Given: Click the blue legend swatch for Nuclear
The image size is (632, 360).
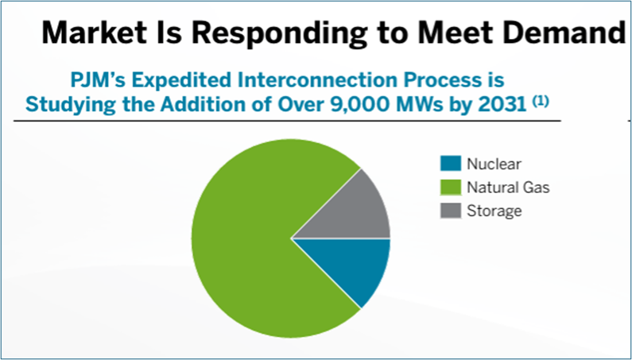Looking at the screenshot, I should pyautogui.click(x=450, y=165).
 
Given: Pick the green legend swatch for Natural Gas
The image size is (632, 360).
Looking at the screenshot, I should pyautogui.click(x=450, y=188).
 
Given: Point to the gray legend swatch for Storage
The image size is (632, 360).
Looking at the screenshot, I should pyautogui.click(x=450, y=211).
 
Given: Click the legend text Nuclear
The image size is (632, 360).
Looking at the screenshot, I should pyautogui.click(x=494, y=165).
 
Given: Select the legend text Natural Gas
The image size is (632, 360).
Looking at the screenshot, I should pyautogui.click(x=508, y=188).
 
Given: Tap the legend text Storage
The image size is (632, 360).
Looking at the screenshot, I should pyautogui.click(x=494, y=211).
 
